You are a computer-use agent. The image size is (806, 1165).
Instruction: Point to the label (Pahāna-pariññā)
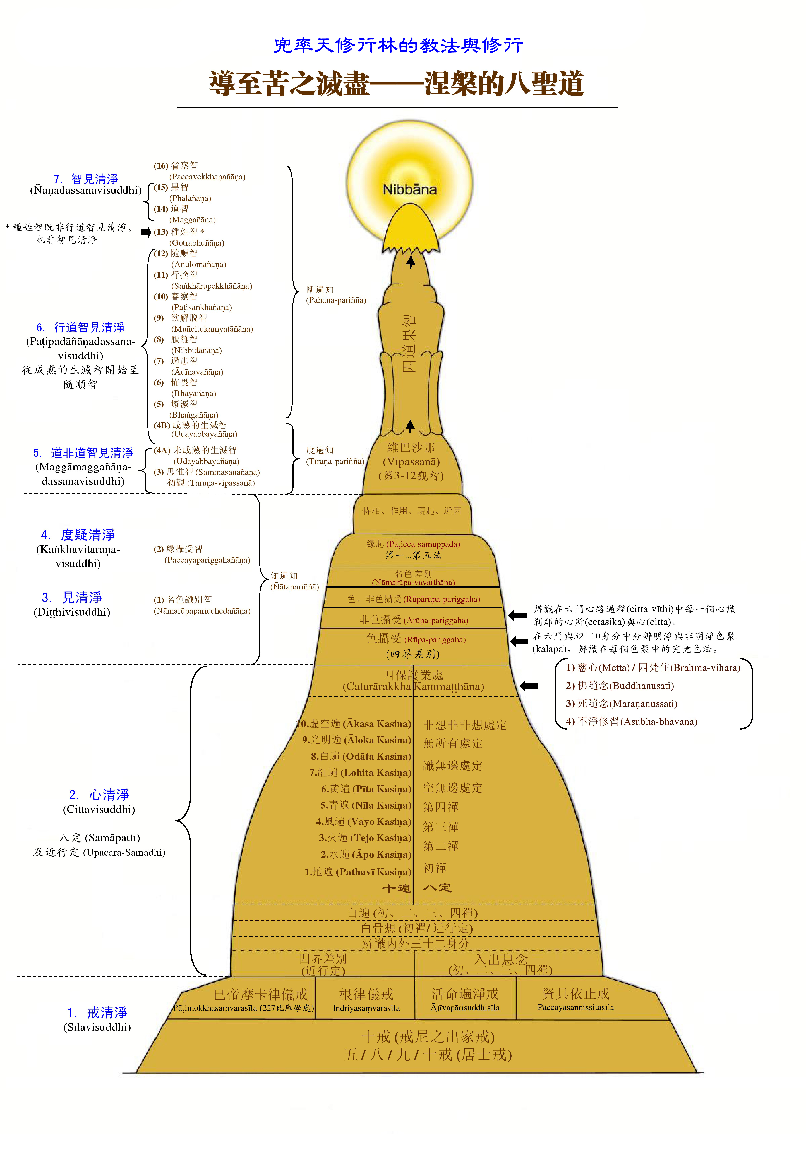336,300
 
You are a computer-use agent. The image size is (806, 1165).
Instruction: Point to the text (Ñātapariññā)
294,587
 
